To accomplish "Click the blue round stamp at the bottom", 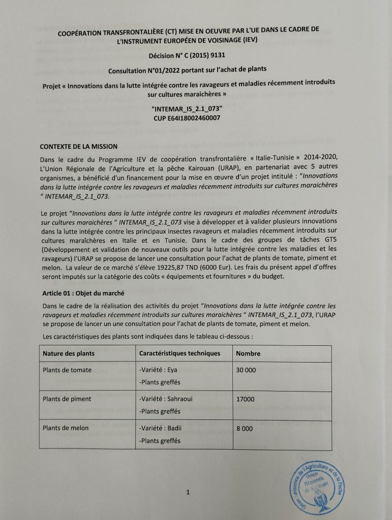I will [x=318, y=486].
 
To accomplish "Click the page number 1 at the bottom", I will [x=188, y=492].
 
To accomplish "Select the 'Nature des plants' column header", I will [x=69, y=353].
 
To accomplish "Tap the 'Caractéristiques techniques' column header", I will [x=179, y=353].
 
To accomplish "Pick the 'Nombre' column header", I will [x=248, y=353].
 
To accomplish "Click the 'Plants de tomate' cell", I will [x=68, y=370].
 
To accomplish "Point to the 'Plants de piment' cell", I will [x=68, y=399].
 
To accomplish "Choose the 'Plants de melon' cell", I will [x=66, y=428].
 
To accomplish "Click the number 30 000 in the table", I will [x=246, y=370].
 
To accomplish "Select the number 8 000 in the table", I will [x=244, y=429].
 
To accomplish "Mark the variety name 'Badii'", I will [x=175, y=428].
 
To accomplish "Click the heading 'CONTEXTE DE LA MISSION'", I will [x=79, y=147].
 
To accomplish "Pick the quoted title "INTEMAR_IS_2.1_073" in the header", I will [x=187, y=109].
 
